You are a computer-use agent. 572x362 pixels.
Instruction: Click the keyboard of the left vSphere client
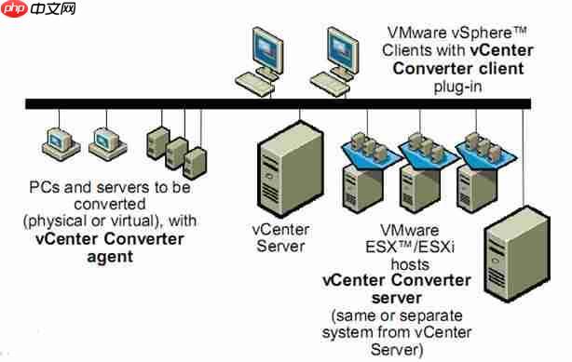coord(257,80)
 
